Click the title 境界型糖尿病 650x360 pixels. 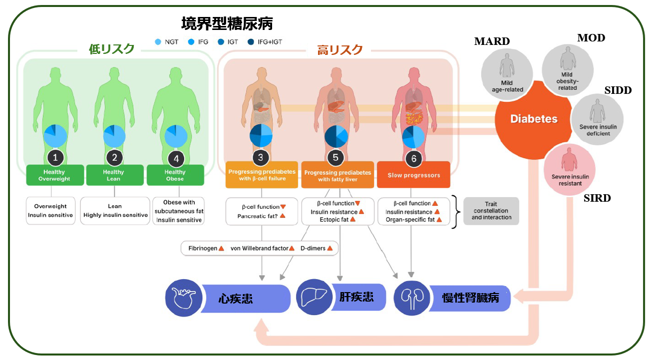(x=227, y=23)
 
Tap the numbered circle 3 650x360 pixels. (x=261, y=158)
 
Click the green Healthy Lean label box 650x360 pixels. (x=114, y=175)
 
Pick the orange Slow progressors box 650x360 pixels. (x=413, y=175)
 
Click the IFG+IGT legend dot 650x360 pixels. (x=251, y=42)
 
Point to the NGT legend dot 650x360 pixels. (x=158, y=42)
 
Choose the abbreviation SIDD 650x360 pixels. (x=618, y=90)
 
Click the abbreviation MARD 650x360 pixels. (x=492, y=41)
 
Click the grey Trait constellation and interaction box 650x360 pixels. (x=491, y=211)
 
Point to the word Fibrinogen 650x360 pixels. (x=202, y=248)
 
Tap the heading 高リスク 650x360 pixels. (x=340, y=50)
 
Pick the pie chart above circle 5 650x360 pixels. (x=336, y=136)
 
